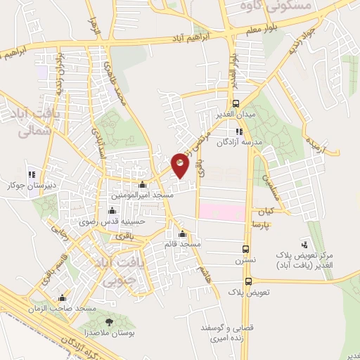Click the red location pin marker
pyautogui.click(x=181, y=165)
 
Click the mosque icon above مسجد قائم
pyautogui.click(x=183, y=234)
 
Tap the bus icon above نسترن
pyautogui.click(x=245, y=249)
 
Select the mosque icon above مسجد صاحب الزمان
pyautogui.click(x=63, y=297)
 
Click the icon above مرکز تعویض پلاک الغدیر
pyautogui.click(x=304, y=245)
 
